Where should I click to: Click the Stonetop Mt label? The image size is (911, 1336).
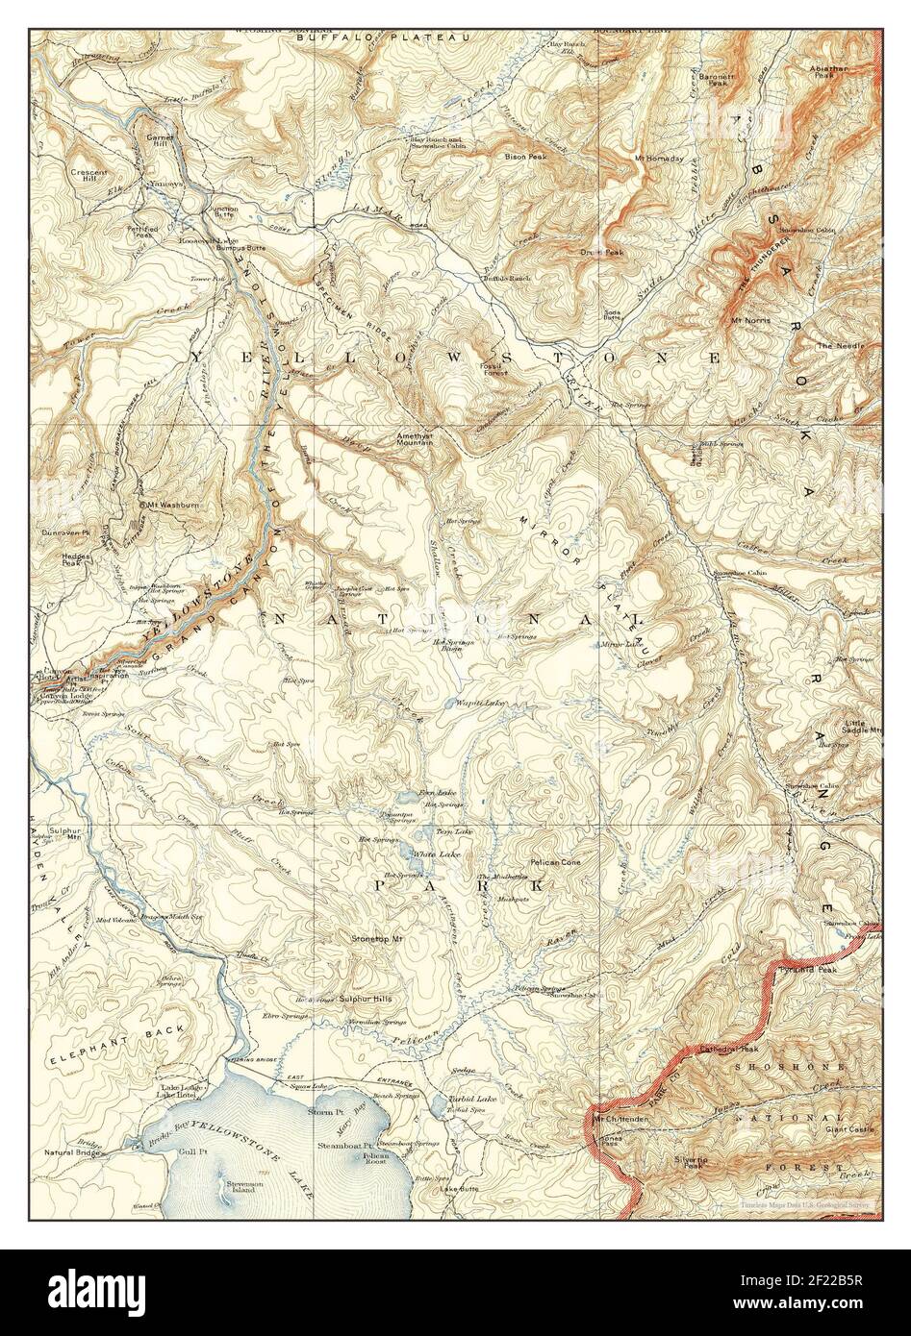coord(376,937)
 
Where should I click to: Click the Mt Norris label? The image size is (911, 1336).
coord(750,320)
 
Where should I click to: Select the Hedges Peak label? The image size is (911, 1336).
coord(76,559)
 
